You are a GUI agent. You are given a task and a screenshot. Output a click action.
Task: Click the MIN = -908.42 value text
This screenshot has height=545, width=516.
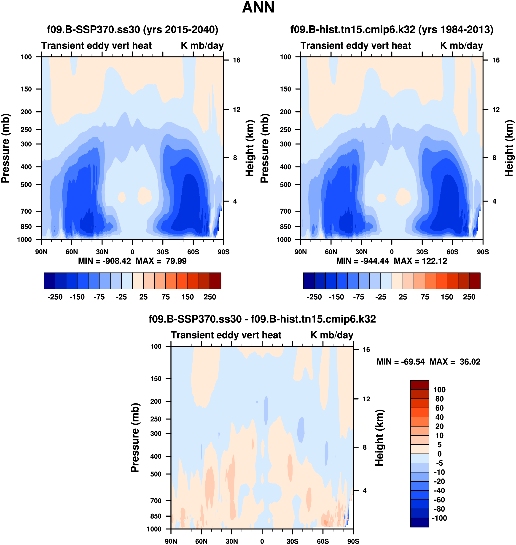[105, 261]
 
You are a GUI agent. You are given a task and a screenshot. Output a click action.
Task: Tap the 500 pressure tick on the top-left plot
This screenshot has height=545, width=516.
[26, 185]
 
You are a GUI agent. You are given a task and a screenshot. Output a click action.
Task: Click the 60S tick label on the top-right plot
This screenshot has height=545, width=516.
[452, 252]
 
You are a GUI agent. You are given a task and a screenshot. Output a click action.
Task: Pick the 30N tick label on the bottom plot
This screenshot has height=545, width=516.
[232, 541]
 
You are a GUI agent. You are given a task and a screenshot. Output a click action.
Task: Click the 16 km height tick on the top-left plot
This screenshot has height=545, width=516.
[236, 60]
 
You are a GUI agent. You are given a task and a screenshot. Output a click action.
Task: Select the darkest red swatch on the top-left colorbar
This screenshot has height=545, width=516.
[215, 281]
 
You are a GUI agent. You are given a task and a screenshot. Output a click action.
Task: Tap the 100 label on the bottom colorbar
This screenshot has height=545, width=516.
[439, 390]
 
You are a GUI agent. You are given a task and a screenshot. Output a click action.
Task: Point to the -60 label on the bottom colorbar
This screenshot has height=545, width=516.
[439, 500]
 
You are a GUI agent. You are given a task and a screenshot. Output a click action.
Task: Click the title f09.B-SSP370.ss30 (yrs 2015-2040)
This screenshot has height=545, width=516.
[133, 30]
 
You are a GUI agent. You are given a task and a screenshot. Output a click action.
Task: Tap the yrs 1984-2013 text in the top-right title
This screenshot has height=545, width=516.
[456, 30]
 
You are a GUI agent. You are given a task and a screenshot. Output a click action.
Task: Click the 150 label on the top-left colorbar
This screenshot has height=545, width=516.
[188, 297]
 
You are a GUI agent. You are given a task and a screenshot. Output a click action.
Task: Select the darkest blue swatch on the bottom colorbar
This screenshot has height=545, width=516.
[419, 522]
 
